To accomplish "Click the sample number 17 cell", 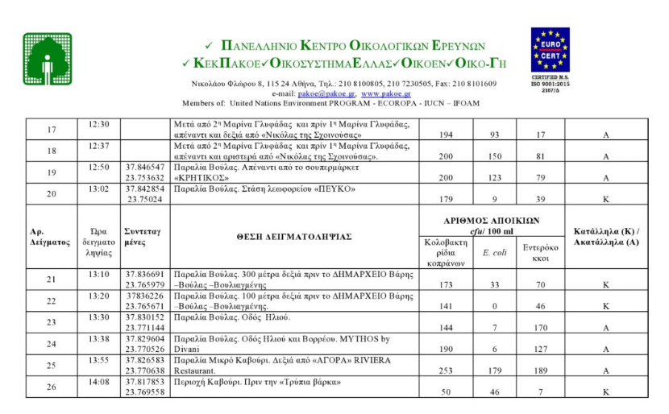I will (52, 130).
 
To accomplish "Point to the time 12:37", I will (98, 145).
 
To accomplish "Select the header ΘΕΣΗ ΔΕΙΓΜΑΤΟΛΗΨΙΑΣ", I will (294, 237).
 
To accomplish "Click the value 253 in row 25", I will (446, 371).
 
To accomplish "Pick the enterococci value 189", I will (540, 371).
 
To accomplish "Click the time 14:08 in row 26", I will (98, 382).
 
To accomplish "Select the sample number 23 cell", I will (52, 322).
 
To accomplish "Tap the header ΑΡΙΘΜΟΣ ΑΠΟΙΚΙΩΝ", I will (492, 220).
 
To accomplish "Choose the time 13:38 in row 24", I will (98, 338).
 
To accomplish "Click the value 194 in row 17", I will (446, 135).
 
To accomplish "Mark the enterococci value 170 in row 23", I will (540, 328).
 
